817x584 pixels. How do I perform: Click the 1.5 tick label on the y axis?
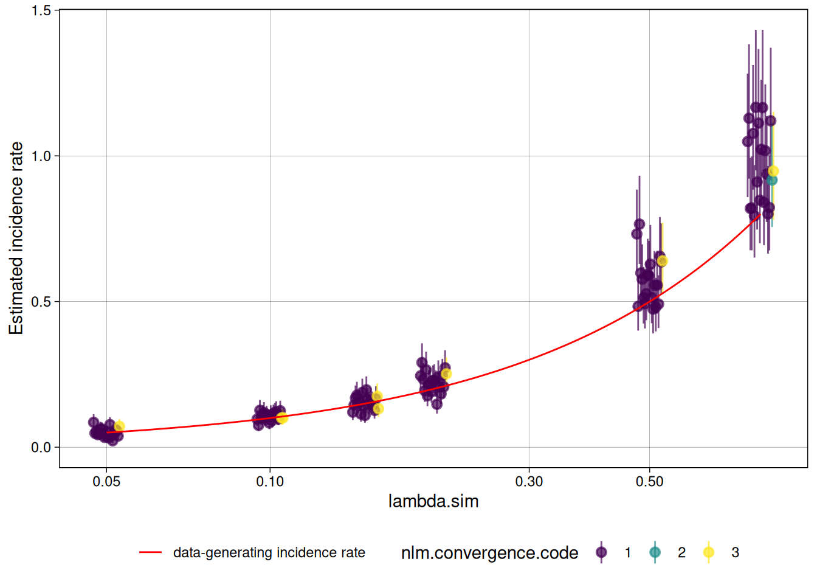[41, 10]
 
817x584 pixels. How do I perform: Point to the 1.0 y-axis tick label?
[41, 156]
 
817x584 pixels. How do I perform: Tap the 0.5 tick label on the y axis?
[41, 302]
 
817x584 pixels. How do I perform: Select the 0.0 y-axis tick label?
[41, 448]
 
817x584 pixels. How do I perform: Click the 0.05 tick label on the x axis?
[106, 482]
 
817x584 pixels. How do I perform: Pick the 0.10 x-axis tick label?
[270, 482]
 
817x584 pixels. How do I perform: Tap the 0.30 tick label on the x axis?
[529, 482]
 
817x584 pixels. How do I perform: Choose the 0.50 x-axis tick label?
[649, 482]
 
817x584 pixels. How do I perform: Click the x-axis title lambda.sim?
[433, 501]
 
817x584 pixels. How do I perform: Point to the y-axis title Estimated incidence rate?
[16, 238]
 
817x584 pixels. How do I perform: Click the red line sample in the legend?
[150, 552]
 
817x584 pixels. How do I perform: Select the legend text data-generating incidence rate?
[269, 552]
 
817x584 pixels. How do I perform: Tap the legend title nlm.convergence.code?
[489, 552]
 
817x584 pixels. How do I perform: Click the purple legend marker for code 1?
[601, 552]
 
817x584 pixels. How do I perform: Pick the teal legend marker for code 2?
[655, 552]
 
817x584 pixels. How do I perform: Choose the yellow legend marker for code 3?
[708, 552]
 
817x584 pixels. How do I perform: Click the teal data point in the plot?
[772, 180]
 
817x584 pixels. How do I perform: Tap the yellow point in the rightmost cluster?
[773, 171]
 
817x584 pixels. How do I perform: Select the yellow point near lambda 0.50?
[663, 261]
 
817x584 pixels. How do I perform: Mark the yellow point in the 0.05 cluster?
[119, 426]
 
